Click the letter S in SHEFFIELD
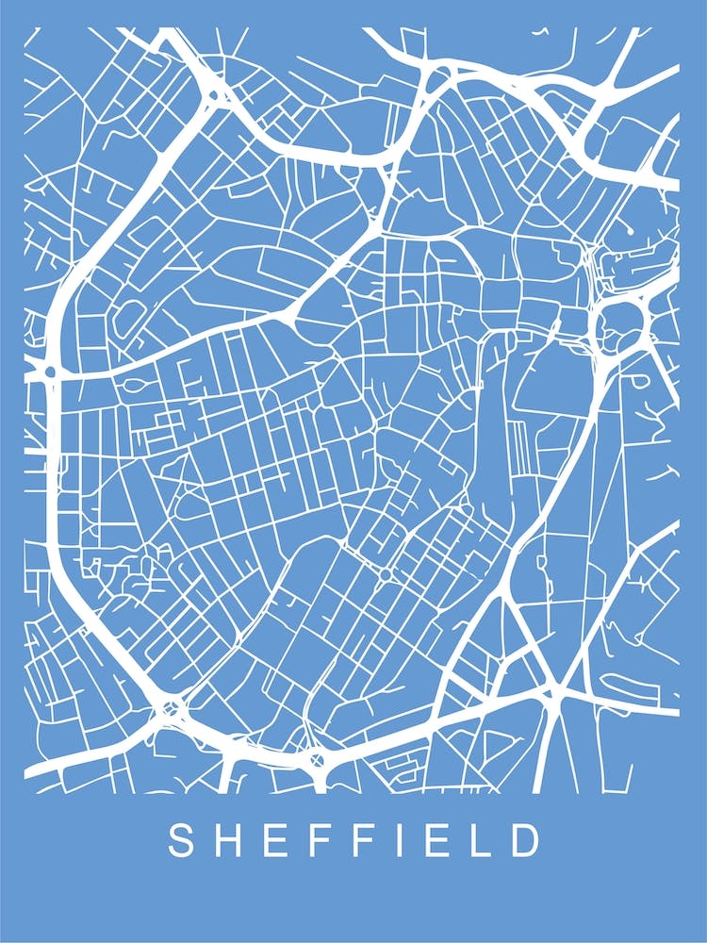[x=182, y=840]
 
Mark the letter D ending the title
[x=528, y=840]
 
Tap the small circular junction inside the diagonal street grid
[x=385, y=573]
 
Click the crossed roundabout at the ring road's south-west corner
[x=171, y=707]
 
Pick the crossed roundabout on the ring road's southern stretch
[x=316, y=757]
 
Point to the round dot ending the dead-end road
[x=630, y=229]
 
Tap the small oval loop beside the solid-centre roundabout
[x=132, y=387]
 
